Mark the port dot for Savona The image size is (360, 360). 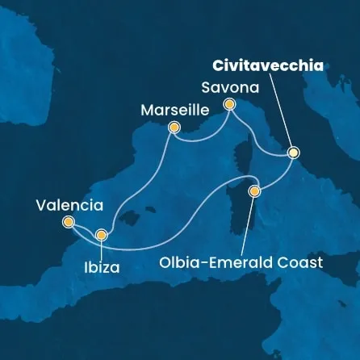coord(229,104)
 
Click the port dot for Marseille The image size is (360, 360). coord(173,127)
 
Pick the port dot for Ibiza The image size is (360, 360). coord(101,235)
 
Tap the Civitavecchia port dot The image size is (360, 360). coord(293,152)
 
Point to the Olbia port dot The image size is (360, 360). coord(254,191)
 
